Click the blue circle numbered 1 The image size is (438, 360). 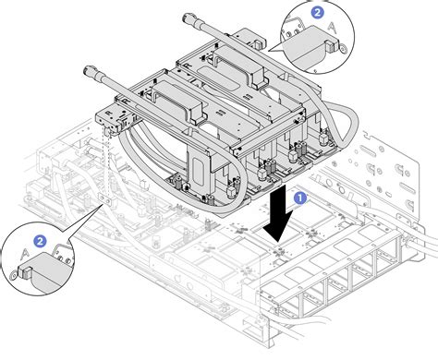point(300,198)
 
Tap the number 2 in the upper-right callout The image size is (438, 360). point(317,13)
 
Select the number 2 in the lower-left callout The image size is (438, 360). point(40,241)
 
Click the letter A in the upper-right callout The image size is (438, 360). point(332,28)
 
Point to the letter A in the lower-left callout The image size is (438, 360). point(25,254)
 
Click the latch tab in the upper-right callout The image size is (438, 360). point(331,46)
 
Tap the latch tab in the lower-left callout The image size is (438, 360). point(26,272)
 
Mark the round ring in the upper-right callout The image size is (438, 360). point(342,48)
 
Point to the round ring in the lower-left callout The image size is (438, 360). point(14,276)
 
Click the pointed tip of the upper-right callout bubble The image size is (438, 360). point(269,51)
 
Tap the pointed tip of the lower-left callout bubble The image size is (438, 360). point(100,206)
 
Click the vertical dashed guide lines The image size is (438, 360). point(105,163)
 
